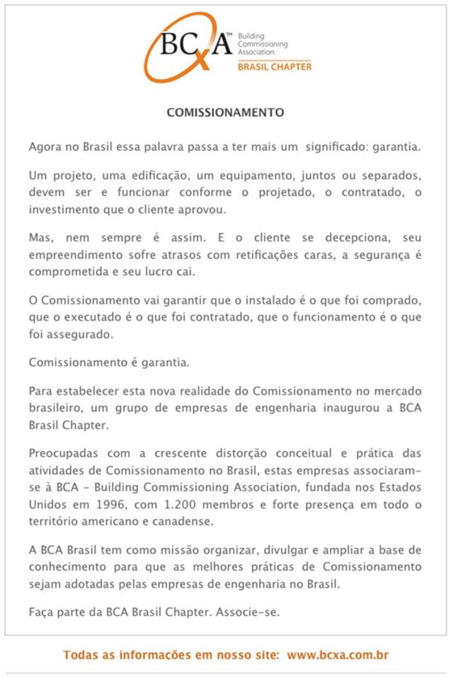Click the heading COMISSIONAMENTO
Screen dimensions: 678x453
[225, 112]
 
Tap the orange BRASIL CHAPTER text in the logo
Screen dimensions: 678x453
[274, 67]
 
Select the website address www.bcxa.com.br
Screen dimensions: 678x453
[338, 655]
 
